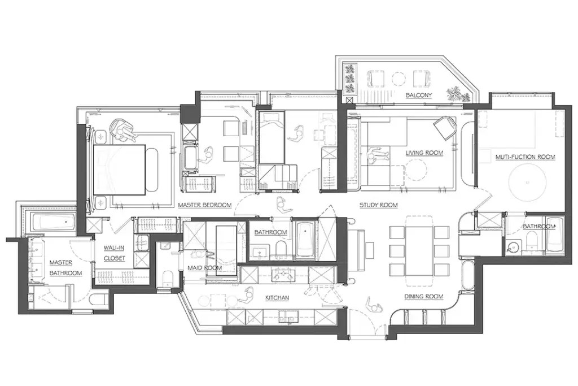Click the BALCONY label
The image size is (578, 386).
coord(418,96)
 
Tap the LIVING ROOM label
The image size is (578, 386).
coord(424,153)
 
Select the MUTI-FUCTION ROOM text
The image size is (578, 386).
coord(526,157)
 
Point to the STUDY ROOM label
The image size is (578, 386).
coord(379,205)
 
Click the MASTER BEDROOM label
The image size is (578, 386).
coord(204,205)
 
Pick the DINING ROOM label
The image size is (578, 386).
coord(424,296)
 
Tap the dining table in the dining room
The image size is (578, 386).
coord(419,251)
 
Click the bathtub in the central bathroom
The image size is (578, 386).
coord(305,240)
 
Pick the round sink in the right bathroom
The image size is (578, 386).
coord(514,246)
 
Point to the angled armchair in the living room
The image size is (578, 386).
coord(445,127)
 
